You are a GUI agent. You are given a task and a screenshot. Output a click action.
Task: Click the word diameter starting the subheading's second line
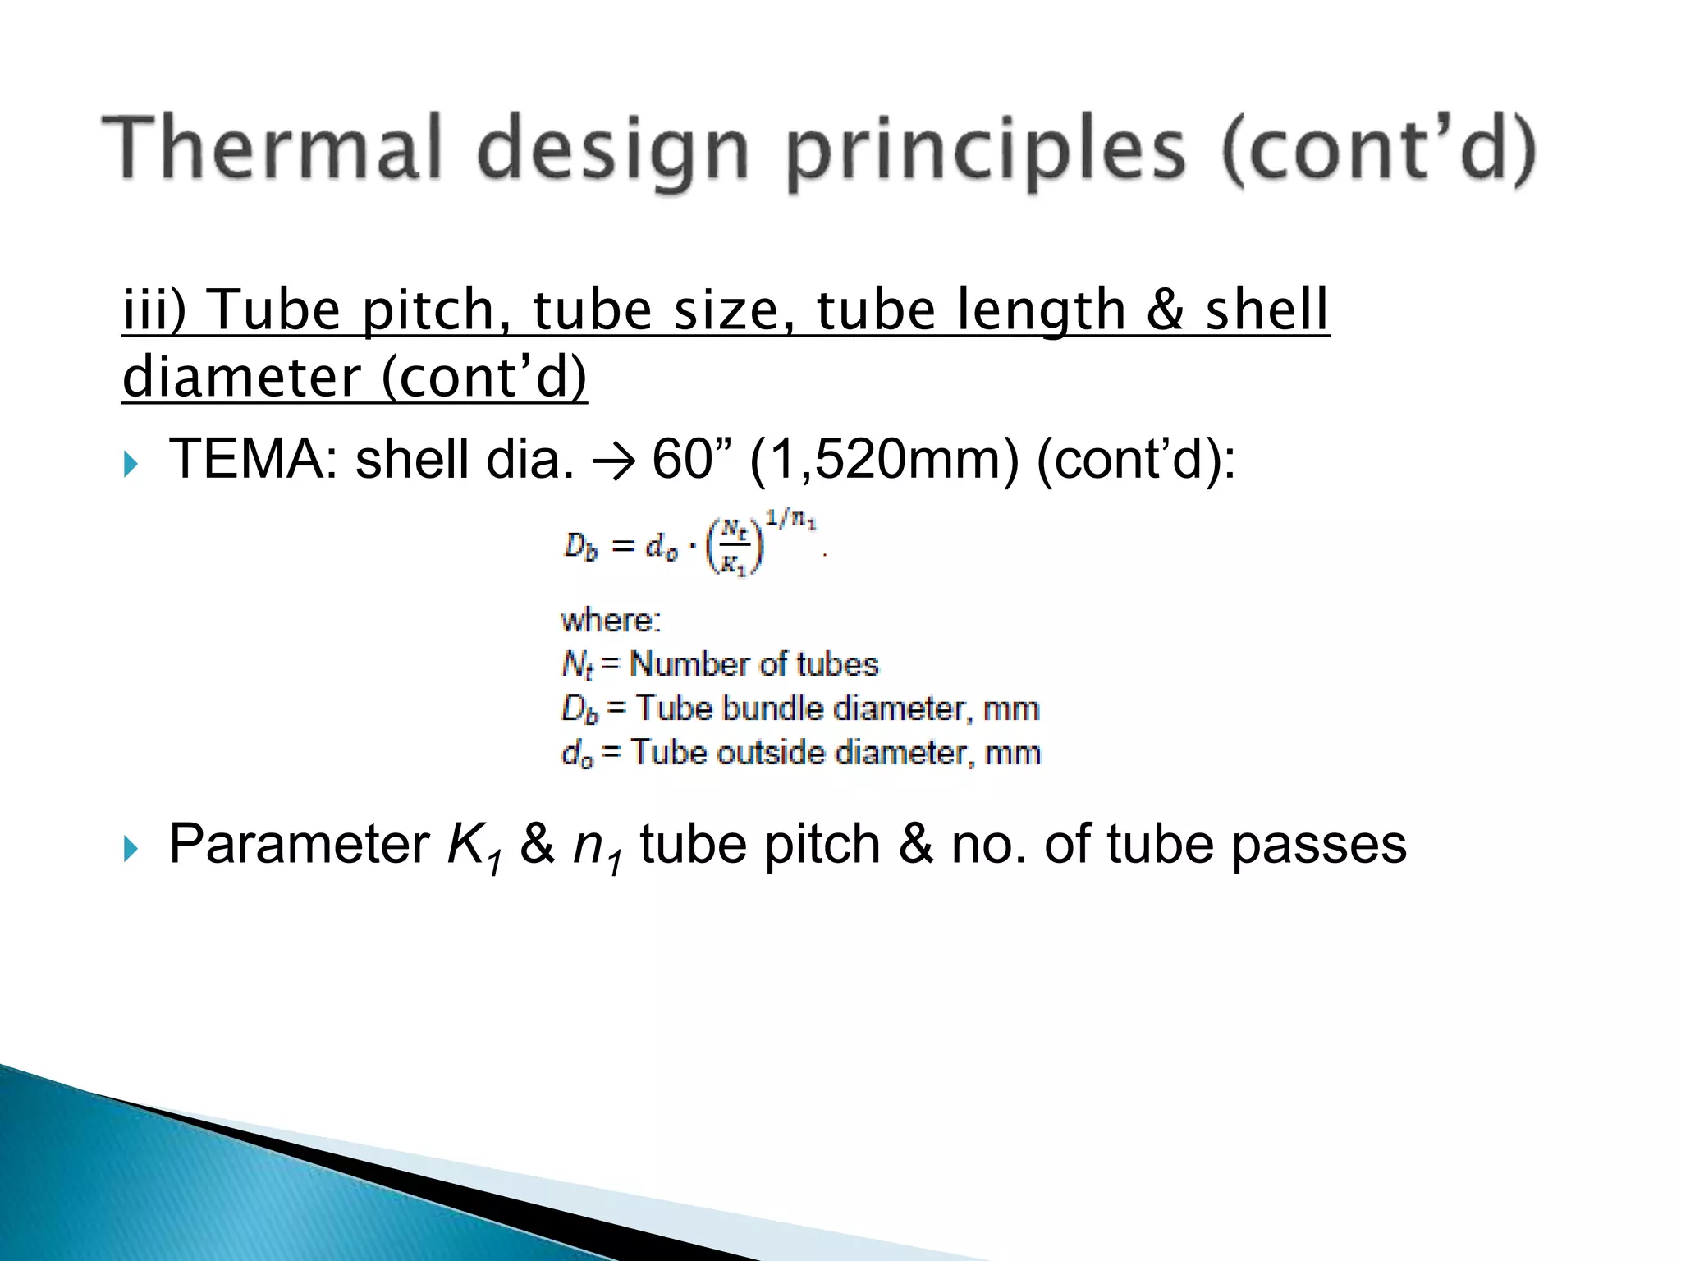[x=241, y=377]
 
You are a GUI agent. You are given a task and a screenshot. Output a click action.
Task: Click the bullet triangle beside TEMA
[x=131, y=465]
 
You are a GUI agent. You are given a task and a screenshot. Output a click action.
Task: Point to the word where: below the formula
[x=611, y=621]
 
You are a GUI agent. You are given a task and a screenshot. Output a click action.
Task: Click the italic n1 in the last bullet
[x=596, y=848]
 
